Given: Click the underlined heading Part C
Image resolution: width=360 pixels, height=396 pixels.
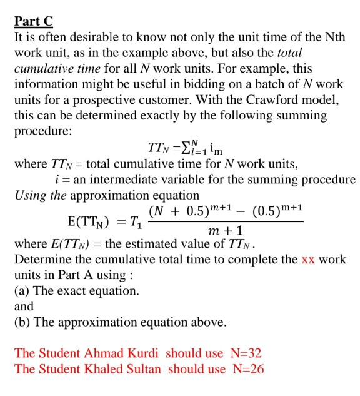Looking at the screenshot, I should [34, 21].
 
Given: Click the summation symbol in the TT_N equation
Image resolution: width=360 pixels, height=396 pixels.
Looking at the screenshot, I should [188, 148].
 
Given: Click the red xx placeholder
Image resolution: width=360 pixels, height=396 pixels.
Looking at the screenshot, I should [307, 259].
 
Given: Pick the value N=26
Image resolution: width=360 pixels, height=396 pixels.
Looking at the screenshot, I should [248, 368].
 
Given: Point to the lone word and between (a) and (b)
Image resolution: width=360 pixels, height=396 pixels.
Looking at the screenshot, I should [24, 307].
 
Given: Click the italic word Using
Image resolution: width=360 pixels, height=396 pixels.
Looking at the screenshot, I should [31, 195].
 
